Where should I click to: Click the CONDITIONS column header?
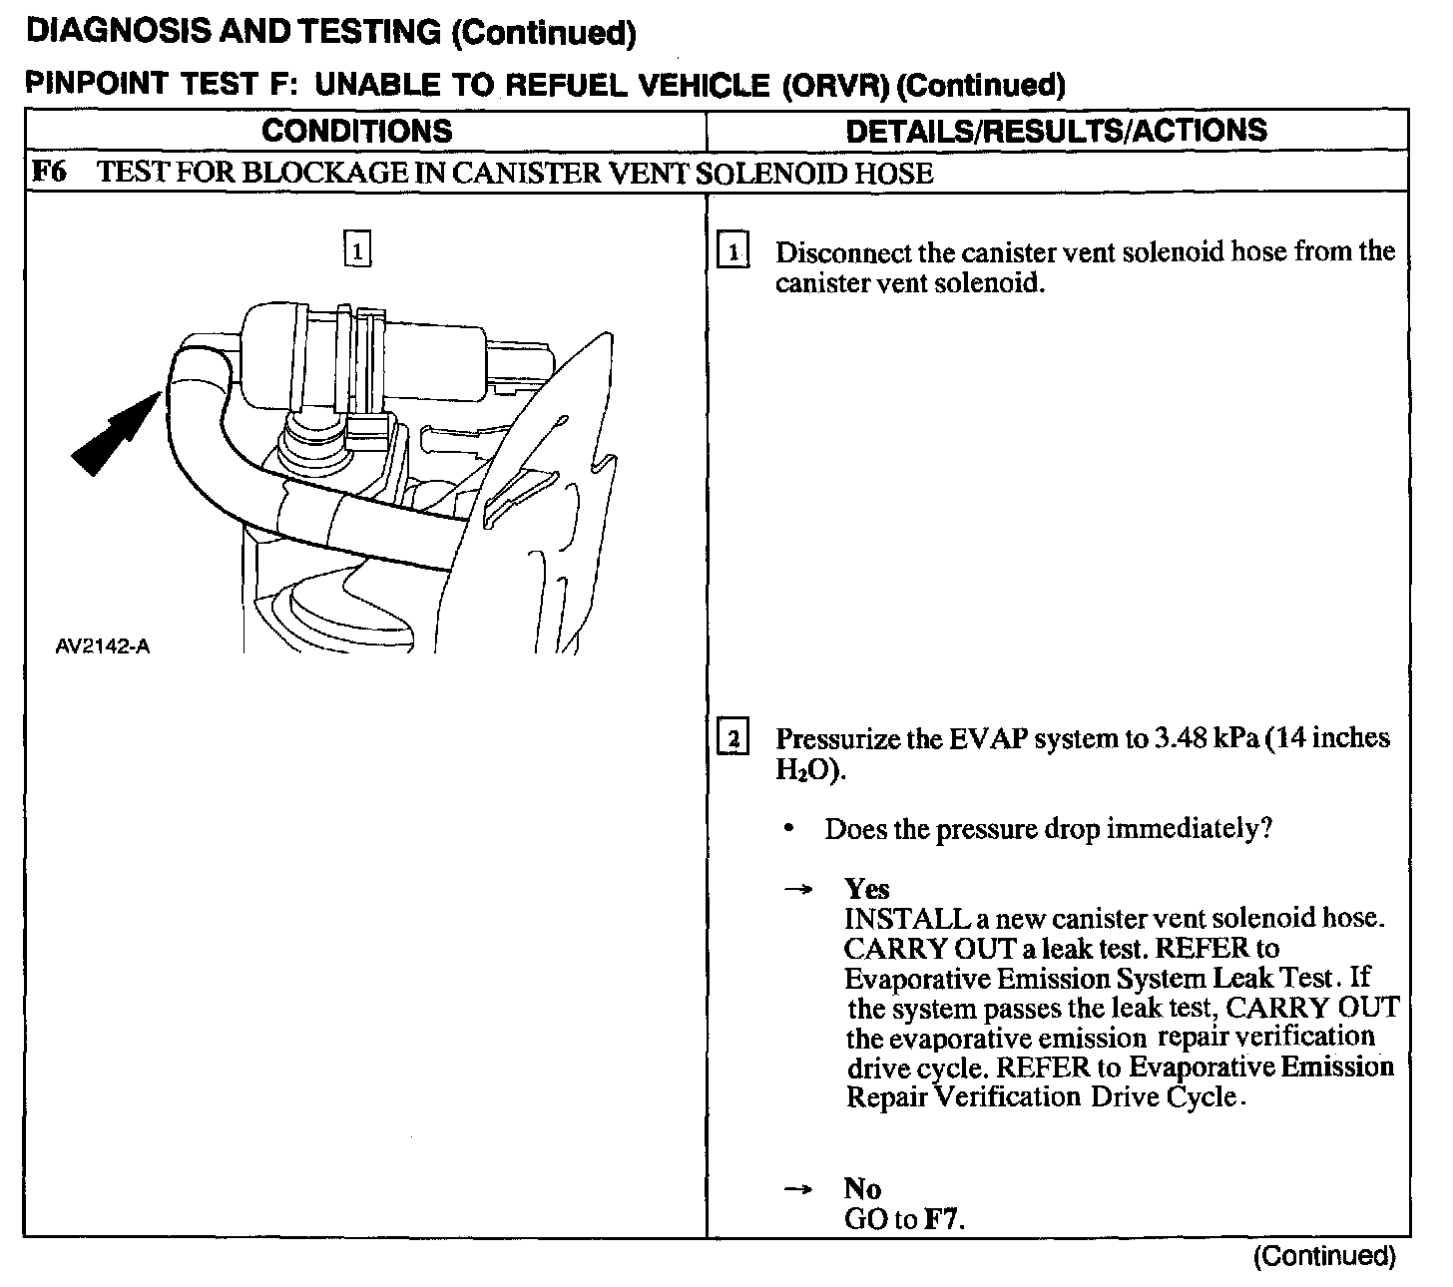(356, 131)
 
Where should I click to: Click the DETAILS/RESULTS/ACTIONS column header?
(1056, 131)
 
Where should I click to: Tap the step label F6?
(49, 173)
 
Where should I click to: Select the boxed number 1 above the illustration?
(356, 248)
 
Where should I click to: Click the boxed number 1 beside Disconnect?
(733, 251)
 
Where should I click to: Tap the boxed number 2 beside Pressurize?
(733, 739)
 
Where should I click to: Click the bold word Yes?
(866, 888)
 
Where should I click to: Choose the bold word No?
(862, 1188)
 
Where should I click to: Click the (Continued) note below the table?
(1323, 1256)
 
